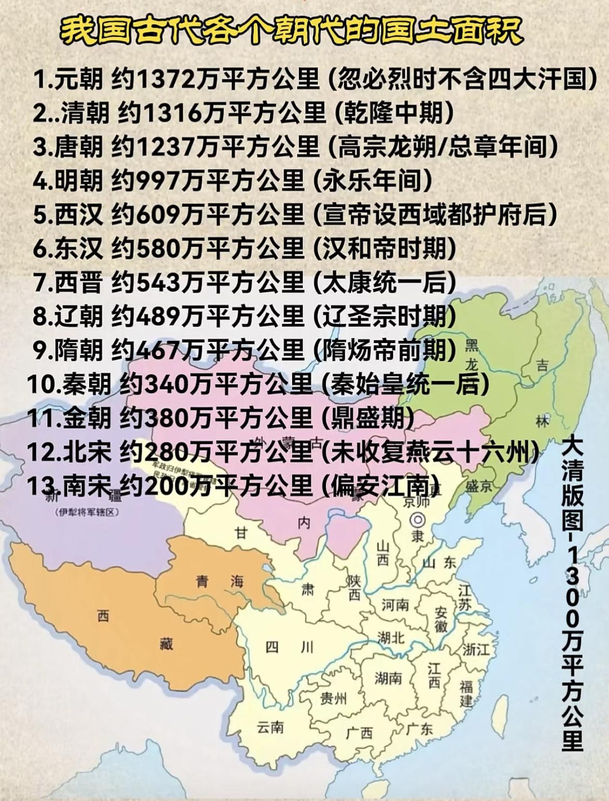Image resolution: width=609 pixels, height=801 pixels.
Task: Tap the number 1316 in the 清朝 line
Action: (172, 112)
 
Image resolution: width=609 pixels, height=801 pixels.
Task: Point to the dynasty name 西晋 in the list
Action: (79, 282)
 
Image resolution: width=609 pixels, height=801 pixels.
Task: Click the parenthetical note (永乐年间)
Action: (373, 181)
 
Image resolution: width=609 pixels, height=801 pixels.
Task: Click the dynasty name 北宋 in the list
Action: (87, 452)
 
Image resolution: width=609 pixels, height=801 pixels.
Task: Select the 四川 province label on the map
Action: (289, 647)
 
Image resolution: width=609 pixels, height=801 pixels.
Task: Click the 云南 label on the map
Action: (270, 727)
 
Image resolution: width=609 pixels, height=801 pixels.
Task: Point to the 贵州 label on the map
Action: (333, 697)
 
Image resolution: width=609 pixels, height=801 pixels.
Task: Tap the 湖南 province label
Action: (388, 678)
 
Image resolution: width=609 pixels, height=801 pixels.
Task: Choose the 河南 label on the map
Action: (395, 605)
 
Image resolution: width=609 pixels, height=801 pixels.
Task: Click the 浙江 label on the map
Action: (476, 649)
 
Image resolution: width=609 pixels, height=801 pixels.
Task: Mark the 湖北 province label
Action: (391, 637)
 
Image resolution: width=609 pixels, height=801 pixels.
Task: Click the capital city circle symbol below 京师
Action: (417, 519)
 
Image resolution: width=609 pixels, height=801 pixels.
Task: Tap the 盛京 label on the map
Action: (478, 486)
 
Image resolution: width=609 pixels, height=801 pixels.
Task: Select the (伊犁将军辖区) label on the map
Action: (87, 512)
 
